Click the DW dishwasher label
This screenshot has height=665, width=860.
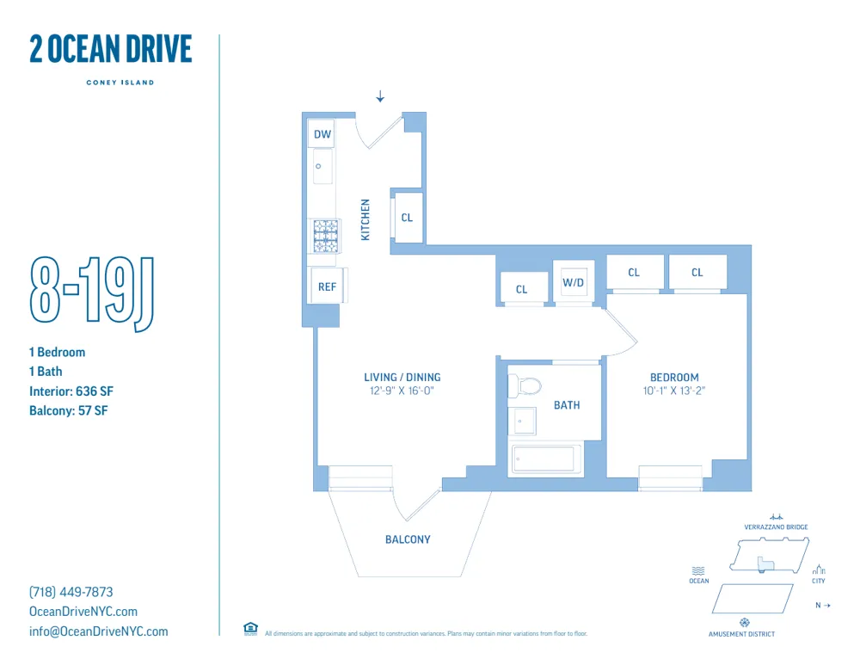pos(322,134)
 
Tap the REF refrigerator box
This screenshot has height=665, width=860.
pos(327,287)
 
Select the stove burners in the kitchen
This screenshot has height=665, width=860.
pos(325,236)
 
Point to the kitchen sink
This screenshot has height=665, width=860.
pos(322,166)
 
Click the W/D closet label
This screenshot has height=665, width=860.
pos(574,282)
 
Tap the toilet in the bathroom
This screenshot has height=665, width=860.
pos(526,385)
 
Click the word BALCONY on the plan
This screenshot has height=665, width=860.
pos(408,539)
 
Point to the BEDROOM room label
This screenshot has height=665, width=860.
pos(674,377)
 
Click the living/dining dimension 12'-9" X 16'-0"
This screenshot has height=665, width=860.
pos(402,391)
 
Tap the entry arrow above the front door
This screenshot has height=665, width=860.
pos(380,96)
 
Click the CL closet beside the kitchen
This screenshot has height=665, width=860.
pos(407,218)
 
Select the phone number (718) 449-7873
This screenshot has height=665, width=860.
pos(71,592)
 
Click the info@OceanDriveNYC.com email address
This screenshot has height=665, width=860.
pos(99,631)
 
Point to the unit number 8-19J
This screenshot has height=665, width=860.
pos(92,293)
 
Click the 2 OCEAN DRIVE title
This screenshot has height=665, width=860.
pos(111,49)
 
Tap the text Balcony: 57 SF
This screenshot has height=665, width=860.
pos(68,410)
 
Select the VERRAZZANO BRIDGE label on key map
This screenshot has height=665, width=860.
pos(776,526)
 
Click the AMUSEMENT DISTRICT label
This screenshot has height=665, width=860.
pos(741,634)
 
